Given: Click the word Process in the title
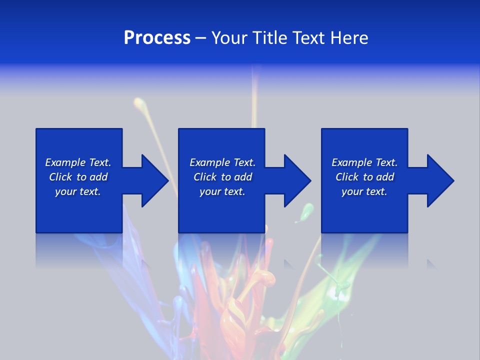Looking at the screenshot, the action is (x=157, y=38).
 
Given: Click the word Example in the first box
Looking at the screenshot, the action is (x=65, y=162).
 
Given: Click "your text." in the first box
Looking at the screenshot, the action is (x=78, y=191).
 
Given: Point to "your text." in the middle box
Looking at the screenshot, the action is (x=222, y=191).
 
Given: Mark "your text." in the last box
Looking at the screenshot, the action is (x=364, y=191).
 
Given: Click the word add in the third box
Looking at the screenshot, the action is (x=385, y=177).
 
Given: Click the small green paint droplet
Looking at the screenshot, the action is (x=305, y=213).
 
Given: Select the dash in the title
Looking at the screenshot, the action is (x=200, y=38).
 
